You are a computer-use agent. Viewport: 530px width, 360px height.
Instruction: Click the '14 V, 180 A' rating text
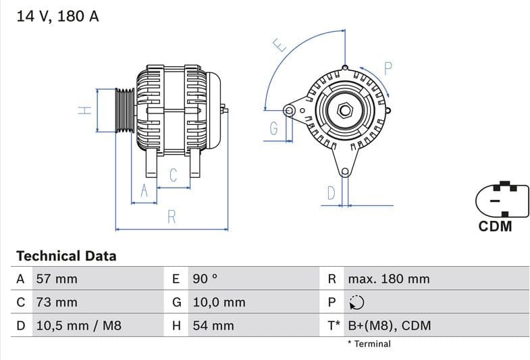(57, 17)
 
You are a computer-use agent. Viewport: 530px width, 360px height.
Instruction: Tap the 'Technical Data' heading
(66, 256)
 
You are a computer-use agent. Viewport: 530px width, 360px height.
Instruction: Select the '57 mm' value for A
(56, 279)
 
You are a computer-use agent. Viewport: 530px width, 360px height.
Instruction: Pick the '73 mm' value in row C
(56, 303)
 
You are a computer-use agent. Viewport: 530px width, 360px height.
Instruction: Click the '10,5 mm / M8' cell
(78, 326)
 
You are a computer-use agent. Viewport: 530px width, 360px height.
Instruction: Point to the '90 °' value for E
(205, 279)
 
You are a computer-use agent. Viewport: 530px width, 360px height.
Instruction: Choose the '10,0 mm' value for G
(219, 303)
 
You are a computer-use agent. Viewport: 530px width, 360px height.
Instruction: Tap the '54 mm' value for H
(213, 326)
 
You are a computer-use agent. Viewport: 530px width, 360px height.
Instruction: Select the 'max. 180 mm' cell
(388, 279)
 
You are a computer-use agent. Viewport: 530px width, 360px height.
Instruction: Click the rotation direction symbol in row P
(356, 303)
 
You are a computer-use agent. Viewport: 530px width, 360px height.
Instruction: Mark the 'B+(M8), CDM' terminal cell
(389, 326)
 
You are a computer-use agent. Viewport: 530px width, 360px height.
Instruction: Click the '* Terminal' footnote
(369, 344)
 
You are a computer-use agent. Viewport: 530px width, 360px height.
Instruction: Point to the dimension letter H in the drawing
(84, 109)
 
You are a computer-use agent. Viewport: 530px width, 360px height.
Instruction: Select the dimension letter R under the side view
(171, 217)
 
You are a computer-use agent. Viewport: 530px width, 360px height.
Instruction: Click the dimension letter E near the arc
(280, 45)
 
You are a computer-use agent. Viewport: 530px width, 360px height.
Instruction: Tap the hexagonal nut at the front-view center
(344, 109)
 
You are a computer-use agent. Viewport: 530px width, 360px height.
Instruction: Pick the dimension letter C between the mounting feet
(173, 176)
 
